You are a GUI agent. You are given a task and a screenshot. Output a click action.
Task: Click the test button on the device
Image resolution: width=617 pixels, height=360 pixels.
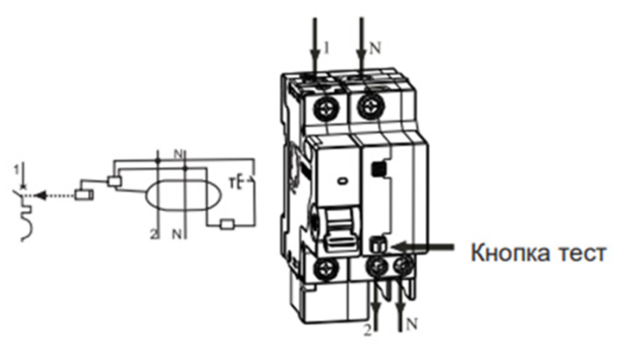point(378,244)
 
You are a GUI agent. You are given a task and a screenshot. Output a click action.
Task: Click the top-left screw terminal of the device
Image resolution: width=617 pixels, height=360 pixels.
point(327,107)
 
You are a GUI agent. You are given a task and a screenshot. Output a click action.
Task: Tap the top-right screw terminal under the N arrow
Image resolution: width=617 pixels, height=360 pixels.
point(371,106)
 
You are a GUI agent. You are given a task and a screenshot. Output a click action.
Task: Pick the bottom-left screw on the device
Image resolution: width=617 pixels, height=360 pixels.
point(326,270)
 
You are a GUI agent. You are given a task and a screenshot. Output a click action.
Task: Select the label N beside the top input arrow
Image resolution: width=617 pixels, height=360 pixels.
point(375,49)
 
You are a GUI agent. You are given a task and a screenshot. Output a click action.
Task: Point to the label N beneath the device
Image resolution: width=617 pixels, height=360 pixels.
point(412,324)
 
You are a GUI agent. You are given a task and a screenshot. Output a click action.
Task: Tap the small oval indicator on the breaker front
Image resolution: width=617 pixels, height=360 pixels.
point(342,181)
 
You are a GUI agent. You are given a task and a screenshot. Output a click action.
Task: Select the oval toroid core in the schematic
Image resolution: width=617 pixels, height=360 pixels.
point(183,195)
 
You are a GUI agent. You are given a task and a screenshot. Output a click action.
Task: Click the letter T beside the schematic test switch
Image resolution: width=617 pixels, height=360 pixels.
point(232,183)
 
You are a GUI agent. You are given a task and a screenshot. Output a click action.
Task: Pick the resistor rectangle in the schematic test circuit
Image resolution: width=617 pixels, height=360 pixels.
point(227,224)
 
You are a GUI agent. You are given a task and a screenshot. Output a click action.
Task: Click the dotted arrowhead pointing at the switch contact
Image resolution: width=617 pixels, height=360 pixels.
point(39,195)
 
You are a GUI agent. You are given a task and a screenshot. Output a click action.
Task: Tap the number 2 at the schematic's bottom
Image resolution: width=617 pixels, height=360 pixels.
point(154,234)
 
